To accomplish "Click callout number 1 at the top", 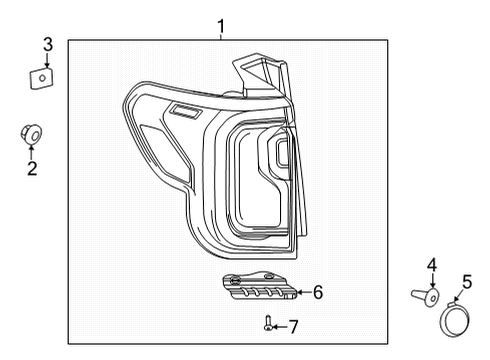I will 221,25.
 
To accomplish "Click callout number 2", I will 32,169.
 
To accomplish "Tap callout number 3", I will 47,43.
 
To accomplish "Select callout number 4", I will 432,265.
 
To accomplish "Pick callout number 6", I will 318,292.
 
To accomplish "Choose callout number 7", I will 294,326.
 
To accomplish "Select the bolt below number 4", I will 428,296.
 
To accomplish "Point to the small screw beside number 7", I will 269,323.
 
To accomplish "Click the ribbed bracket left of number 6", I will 260,286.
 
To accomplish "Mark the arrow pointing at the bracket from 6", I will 302,292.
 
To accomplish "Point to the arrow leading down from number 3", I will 47,58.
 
